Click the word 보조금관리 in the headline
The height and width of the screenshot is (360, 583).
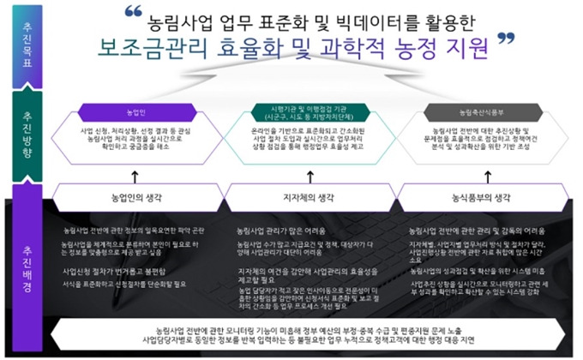[151, 43]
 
